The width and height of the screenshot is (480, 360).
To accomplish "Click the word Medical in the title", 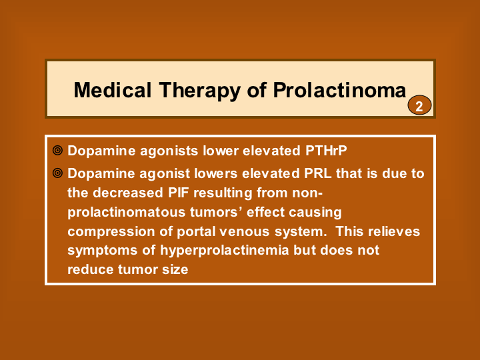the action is [x=113, y=90].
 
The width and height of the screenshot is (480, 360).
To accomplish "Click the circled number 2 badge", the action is [x=419, y=105].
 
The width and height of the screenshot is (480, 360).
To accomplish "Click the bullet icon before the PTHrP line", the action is [x=57, y=150].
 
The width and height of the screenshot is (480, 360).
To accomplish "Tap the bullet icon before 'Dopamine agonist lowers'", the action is [x=57, y=173].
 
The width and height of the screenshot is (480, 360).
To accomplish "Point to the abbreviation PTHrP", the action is [x=326, y=150].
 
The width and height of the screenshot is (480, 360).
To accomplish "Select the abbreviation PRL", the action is [x=318, y=173].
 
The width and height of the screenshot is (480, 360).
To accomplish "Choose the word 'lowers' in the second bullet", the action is [x=216, y=173].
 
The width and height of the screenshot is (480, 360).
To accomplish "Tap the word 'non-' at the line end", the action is [x=307, y=193].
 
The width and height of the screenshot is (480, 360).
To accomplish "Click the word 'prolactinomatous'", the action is [x=127, y=213].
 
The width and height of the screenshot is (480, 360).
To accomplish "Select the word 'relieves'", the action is [x=394, y=231].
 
